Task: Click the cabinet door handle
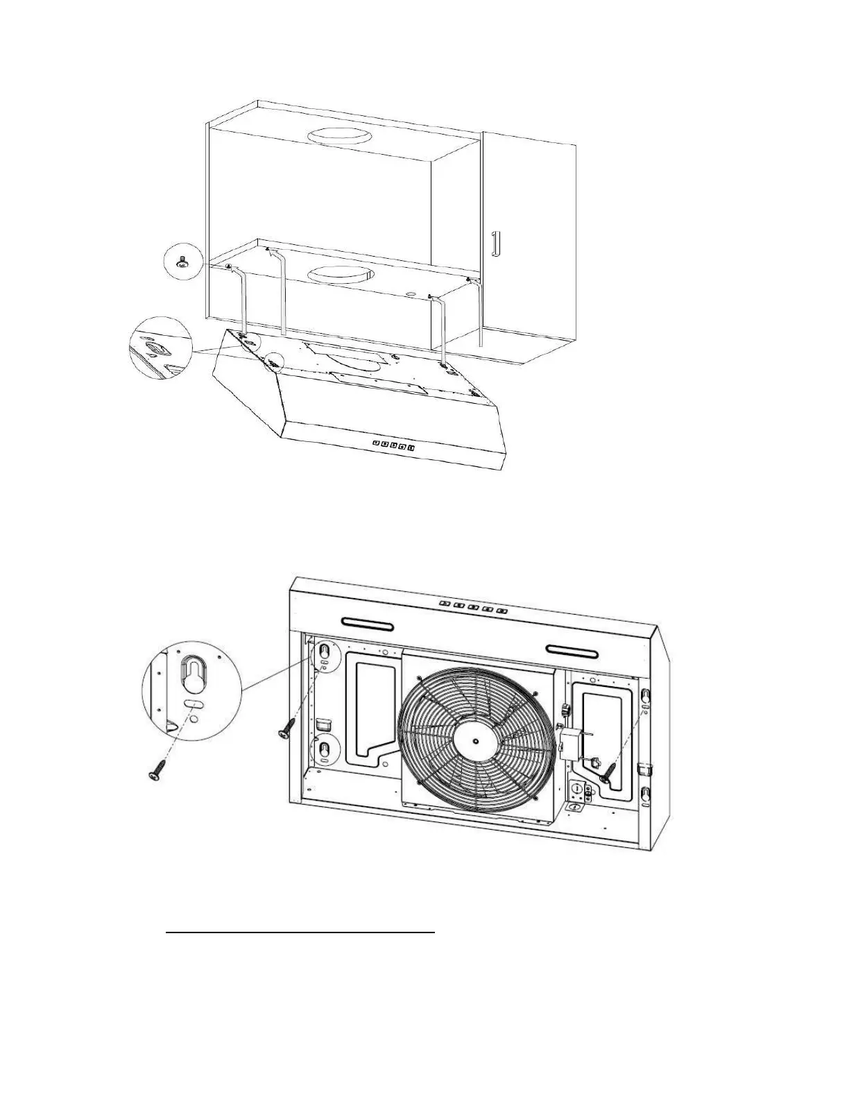coord(495,244)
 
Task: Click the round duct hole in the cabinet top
coord(341,136)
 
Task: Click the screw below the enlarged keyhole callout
coord(158,772)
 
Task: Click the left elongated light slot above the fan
coord(368,624)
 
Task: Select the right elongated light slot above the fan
coord(573,650)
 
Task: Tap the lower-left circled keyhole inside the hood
coord(325,751)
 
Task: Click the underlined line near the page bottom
coord(300,933)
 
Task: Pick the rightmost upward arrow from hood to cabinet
coord(479,312)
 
